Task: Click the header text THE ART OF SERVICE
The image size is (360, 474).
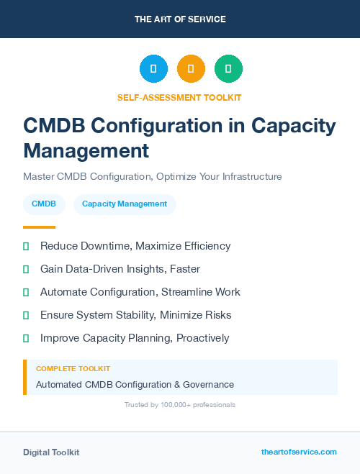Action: click(180, 19)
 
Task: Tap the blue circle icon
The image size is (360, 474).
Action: click(153, 69)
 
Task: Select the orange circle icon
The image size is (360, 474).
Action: click(191, 69)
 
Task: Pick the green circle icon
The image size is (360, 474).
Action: click(228, 69)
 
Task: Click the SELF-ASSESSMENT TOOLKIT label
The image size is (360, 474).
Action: click(179, 97)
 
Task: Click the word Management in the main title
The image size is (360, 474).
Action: click(86, 150)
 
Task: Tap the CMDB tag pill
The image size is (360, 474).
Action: click(44, 204)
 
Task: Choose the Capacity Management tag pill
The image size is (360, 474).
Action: click(125, 204)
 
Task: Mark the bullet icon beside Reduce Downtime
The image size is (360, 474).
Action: click(26, 246)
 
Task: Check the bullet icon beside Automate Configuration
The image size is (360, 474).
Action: click(26, 292)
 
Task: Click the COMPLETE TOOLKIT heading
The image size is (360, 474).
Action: click(69, 369)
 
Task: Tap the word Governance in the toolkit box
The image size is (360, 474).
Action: click(208, 385)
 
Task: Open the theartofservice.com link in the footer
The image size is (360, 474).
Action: click(299, 452)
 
